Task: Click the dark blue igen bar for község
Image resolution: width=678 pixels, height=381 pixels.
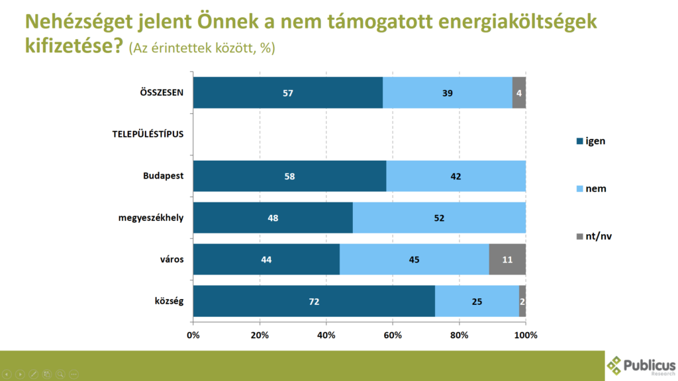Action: point(314,302)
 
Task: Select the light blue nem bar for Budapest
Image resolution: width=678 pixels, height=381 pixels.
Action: point(456,176)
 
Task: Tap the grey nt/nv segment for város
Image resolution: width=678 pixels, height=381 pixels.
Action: point(507,259)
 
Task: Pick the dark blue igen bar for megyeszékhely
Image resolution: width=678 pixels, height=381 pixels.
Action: point(273,218)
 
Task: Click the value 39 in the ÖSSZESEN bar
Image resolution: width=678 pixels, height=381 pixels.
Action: point(448,93)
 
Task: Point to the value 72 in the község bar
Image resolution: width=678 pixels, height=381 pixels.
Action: point(314,302)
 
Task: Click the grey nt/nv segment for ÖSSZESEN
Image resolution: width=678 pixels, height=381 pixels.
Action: point(519,93)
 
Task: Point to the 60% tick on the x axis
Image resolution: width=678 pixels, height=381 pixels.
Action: point(393,335)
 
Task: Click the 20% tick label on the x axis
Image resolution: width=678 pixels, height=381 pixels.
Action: point(260,335)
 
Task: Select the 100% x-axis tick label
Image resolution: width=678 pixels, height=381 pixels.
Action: point(526,335)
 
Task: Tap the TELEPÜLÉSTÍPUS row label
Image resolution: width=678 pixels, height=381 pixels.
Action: point(147,134)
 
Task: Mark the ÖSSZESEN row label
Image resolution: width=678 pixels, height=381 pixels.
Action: point(158,93)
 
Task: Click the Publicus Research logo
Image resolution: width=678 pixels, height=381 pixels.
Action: point(641,365)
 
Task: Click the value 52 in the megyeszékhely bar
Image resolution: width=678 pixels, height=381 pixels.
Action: point(439,218)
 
